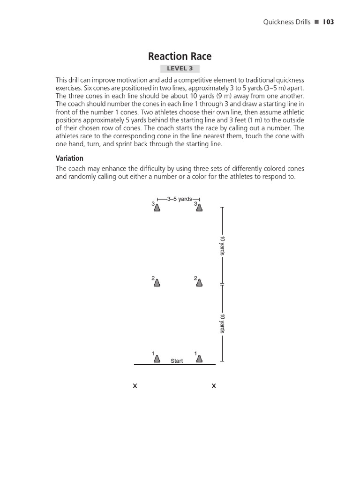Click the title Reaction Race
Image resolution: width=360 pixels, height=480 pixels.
click(x=180, y=57)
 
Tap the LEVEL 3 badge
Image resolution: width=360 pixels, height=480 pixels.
click(x=180, y=69)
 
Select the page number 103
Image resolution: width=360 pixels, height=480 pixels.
click(x=328, y=22)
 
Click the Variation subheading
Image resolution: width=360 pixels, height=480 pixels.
click(x=69, y=158)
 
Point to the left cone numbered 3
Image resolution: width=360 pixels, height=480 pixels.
click(x=157, y=208)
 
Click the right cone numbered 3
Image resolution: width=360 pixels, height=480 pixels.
click(x=199, y=208)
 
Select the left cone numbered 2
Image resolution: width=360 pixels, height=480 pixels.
click(x=157, y=283)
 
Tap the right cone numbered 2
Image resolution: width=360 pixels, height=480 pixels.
click(x=199, y=283)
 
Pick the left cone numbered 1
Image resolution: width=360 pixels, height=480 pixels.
click(x=157, y=359)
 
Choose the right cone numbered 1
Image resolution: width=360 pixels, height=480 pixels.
click(x=199, y=359)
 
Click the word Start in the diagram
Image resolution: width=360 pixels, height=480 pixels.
click(x=177, y=361)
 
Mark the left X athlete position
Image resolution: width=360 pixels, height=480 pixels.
click(x=135, y=386)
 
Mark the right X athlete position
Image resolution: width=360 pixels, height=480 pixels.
click(x=214, y=386)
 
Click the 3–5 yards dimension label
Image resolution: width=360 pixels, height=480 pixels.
click(x=179, y=199)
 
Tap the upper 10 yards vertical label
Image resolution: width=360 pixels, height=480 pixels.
click(x=223, y=246)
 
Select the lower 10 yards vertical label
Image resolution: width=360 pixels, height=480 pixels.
click(x=223, y=324)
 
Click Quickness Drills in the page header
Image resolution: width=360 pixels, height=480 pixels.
click(x=287, y=22)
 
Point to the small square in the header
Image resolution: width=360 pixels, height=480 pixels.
click(x=317, y=22)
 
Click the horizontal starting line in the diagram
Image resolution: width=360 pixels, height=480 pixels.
click(x=174, y=364)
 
